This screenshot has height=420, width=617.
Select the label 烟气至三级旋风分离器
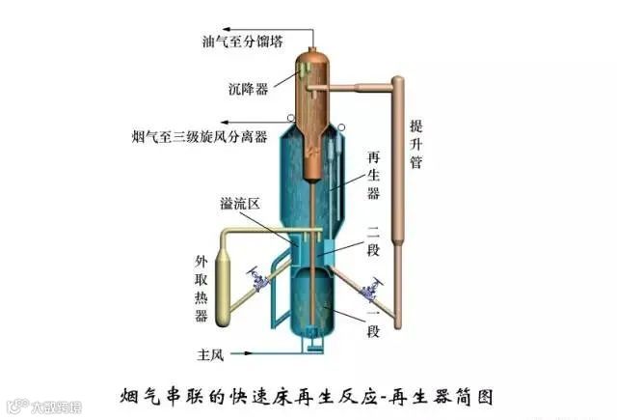(206, 135)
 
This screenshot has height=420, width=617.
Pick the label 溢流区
(239, 204)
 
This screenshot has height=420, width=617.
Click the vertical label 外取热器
(201, 290)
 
